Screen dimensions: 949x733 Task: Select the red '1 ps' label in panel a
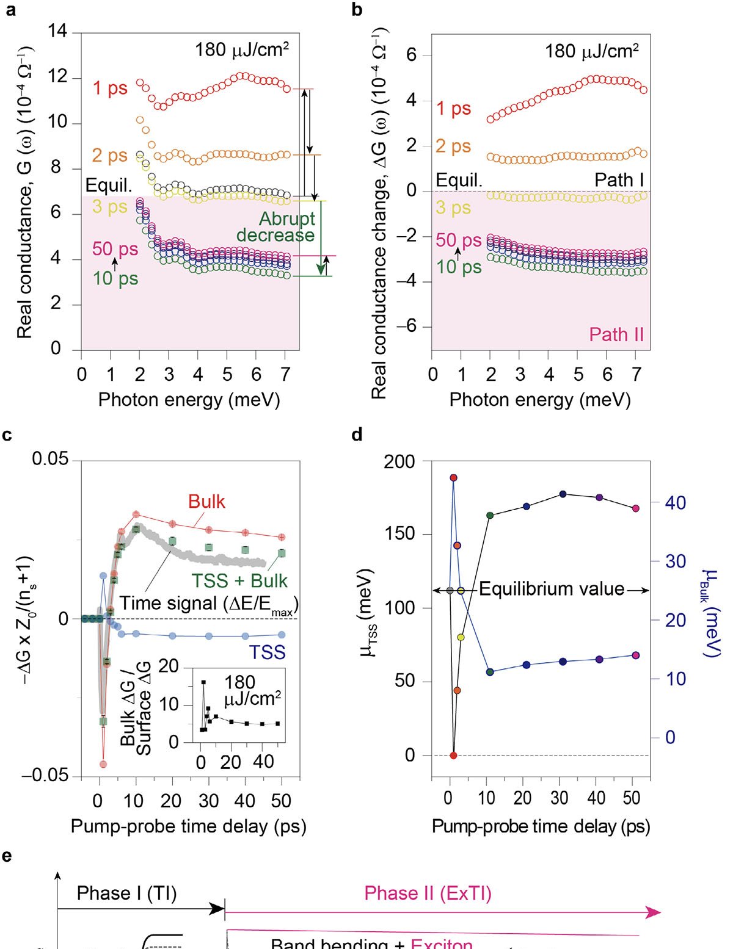pos(110,88)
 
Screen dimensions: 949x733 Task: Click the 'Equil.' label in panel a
pos(109,186)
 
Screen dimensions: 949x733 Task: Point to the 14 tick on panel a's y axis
pos(57,31)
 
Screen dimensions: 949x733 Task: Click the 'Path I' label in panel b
pos(619,180)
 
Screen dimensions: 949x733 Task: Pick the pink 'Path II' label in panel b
pos(616,334)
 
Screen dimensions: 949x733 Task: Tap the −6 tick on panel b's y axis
pos(406,327)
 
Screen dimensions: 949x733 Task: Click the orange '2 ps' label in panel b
pos(453,146)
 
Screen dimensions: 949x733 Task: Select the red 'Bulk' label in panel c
pos(206,502)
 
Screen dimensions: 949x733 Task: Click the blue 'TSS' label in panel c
pos(268,652)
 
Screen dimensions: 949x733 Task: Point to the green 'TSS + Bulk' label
pos(239,580)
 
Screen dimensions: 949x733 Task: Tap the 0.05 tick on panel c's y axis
pos(50,460)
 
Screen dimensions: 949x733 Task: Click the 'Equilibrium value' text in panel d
pos(552,590)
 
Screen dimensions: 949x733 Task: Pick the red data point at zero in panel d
pos(453,756)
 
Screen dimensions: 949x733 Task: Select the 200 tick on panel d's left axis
pos(399,462)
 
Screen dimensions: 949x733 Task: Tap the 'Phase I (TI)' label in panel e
pos(126,894)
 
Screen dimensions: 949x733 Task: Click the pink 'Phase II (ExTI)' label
pos(428,894)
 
